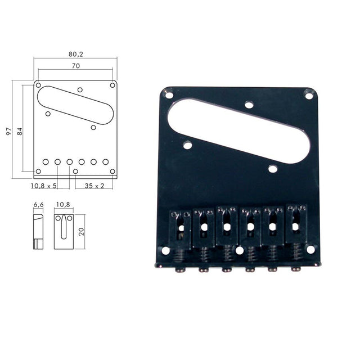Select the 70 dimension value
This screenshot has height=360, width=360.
(x=76, y=66)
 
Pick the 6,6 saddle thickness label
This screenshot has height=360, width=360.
(x=38, y=205)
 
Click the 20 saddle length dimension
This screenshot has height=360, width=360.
(x=81, y=231)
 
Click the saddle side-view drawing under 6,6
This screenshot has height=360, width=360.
(x=38, y=231)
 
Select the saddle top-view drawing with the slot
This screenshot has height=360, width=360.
(x=63, y=231)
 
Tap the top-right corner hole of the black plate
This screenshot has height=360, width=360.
(x=309, y=96)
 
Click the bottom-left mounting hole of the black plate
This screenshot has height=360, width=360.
(x=165, y=250)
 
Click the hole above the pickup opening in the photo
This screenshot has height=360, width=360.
(x=248, y=104)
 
